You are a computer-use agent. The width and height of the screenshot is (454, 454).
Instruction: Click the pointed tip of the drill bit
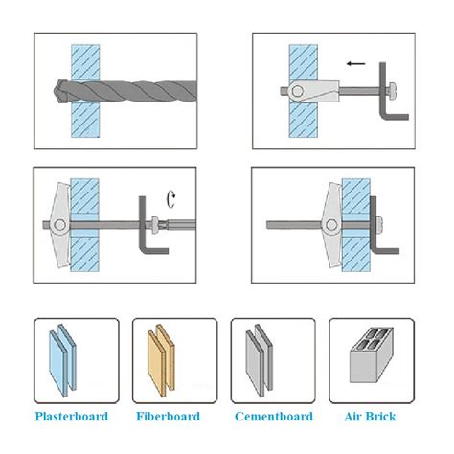click(x=54, y=91)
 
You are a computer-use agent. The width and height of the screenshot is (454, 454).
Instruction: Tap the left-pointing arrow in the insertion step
click(x=355, y=63)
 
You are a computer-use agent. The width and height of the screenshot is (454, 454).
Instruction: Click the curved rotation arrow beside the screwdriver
click(x=171, y=199)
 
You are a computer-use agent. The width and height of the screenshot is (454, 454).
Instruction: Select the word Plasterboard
click(x=72, y=417)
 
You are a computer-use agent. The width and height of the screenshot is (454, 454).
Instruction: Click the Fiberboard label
click(x=168, y=417)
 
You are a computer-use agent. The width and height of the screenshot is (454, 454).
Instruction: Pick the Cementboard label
click(x=274, y=417)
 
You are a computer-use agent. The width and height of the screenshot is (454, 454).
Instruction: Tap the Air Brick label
click(x=370, y=417)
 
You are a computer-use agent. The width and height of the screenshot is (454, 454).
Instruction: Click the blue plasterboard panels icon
click(x=62, y=360)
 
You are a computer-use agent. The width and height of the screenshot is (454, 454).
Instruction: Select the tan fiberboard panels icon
click(x=161, y=360)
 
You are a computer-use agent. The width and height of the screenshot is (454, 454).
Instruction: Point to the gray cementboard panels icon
click(x=260, y=360)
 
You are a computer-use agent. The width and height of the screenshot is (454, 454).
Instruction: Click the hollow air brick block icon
click(x=372, y=354)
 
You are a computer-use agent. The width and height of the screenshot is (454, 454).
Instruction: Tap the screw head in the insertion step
click(x=392, y=92)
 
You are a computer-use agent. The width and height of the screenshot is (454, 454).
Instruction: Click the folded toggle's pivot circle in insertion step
click(x=297, y=92)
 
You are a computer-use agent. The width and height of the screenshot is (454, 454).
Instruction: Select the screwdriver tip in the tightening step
click(x=163, y=224)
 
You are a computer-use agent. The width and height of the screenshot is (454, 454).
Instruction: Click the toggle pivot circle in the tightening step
click(x=59, y=225)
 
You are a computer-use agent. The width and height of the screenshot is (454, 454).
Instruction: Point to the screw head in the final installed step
click(x=380, y=225)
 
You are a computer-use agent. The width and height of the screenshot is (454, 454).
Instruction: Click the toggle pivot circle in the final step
click(x=331, y=225)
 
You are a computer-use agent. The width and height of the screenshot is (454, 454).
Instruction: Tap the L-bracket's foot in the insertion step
click(x=396, y=117)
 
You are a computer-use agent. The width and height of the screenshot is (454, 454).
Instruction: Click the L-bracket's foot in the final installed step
click(x=386, y=251)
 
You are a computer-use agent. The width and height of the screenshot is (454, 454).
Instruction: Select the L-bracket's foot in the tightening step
click(x=155, y=251)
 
